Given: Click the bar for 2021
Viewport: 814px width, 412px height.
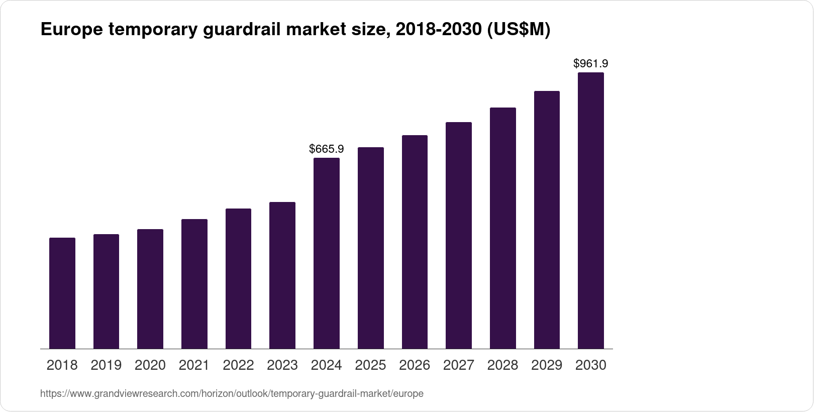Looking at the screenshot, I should click(x=194, y=284).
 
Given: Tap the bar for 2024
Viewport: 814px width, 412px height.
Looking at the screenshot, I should click(x=327, y=253).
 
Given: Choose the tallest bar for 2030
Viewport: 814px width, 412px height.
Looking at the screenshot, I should click(x=591, y=211).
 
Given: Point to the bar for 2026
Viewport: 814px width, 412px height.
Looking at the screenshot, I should click(x=415, y=242).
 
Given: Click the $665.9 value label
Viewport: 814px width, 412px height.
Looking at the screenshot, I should click(x=327, y=149).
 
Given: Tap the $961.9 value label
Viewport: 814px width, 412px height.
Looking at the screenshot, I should click(x=591, y=63).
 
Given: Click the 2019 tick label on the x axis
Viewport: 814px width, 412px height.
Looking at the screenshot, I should click(x=106, y=365).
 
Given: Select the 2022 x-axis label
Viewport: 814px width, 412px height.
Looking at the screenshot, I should click(x=238, y=365).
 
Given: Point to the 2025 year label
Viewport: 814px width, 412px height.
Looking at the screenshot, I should click(x=370, y=365).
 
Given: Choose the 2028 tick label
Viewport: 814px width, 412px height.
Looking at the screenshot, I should click(x=502, y=365).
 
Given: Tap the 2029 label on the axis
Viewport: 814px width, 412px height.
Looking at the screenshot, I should click(x=547, y=365).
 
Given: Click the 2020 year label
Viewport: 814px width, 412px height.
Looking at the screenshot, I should click(x=150, y=365).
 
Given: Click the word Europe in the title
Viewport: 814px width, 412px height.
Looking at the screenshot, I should click(x=70, y=30).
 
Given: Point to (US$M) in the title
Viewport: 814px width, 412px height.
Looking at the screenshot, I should click(x=520, y=30).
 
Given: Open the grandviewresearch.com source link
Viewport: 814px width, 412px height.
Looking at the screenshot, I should click(x=232, y=393).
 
